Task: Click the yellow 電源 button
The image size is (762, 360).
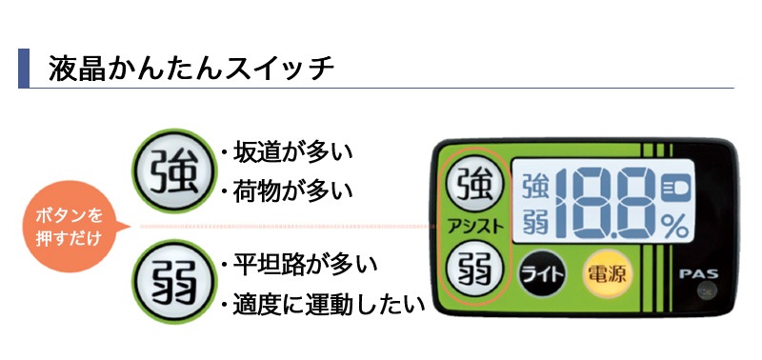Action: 606,274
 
